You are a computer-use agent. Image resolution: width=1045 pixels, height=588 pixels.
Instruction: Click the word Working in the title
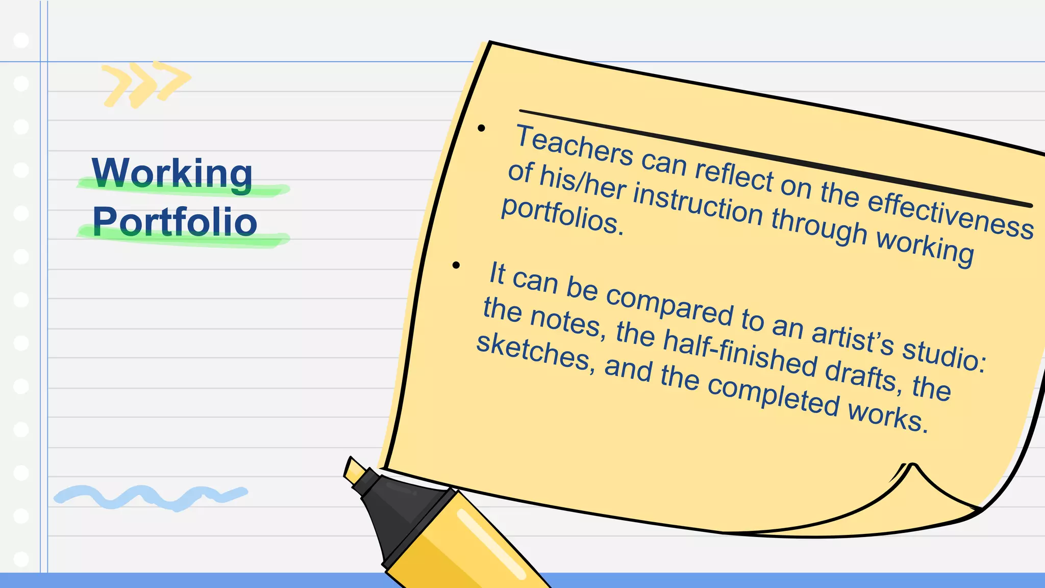pos(172,174)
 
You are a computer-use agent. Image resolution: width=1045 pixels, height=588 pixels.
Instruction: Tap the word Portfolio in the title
pos(175,222)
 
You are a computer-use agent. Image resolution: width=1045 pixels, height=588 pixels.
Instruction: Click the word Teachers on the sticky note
pos(574,145)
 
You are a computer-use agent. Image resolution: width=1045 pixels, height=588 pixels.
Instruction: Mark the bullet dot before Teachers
pos(481,128)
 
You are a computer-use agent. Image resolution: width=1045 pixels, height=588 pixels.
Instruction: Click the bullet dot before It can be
pos(456,265)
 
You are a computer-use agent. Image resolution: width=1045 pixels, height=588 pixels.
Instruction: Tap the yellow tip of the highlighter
pos(354,471)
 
